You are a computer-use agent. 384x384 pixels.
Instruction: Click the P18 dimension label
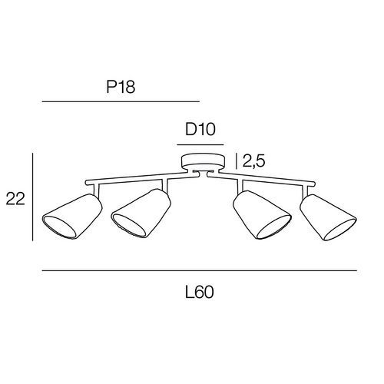click(x=121, y=87)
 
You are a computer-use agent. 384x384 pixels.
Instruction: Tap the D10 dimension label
click(x=200, y=130)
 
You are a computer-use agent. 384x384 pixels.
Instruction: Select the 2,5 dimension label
click(x=253, y=161)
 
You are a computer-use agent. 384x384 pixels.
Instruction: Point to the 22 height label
click(x=15, y=199)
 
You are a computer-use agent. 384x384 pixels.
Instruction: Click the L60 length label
click(x=199, y=292)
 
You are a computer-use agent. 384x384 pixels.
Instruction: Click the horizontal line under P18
click(x=121, y=101)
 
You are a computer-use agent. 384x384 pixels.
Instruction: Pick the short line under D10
click(x=200, y=145)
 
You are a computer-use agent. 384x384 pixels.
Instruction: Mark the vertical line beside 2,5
click(x=236, y=161)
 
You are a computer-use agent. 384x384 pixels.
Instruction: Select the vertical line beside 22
click(x=32, y=197)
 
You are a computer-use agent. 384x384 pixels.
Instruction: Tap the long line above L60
click(x=200, y=270)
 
